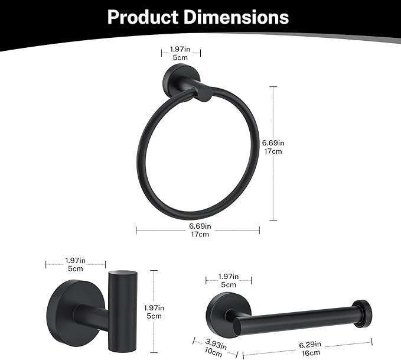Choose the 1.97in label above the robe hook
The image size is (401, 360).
tap(75, 260)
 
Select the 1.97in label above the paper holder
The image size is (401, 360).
tap(228, 277)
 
